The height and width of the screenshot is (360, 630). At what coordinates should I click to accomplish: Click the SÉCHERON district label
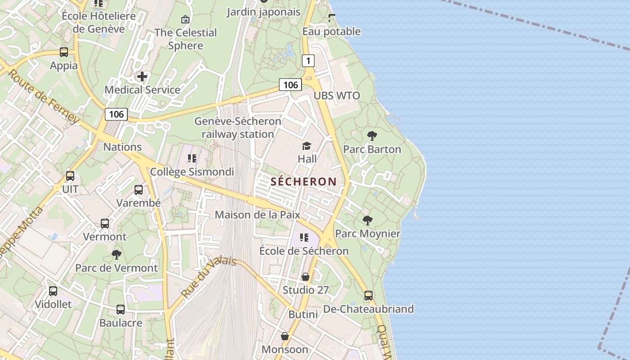pos(303,182)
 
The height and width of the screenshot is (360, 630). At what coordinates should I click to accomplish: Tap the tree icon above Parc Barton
pos(372,135)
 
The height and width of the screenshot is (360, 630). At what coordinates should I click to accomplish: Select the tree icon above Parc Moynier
pos(368,220)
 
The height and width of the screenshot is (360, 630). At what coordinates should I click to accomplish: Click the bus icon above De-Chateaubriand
pos(369,296)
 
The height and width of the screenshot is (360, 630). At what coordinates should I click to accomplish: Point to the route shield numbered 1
pos(308,60)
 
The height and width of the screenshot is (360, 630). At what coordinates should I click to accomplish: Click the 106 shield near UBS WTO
pos(290,84)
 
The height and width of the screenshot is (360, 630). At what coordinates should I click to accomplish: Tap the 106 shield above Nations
pos(116,114)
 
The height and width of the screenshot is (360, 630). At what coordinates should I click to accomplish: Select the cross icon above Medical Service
pos(142,76)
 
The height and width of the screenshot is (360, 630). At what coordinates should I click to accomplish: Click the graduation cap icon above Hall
pos(306,146)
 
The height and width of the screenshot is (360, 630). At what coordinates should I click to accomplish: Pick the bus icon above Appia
pos(64,52)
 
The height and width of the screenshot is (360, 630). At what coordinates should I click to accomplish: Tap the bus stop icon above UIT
pos(70,176)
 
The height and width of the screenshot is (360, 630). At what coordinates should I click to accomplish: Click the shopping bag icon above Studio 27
pos(306,277)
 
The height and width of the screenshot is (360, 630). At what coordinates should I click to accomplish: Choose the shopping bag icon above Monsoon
pos(285,336)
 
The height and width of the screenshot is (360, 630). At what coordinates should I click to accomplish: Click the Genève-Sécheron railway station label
pos(238,128)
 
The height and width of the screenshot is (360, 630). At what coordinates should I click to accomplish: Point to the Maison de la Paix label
pos(257,215)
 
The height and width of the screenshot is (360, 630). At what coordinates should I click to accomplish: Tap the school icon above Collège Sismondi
pos(192,158)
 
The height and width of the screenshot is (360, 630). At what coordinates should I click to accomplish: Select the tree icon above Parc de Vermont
pos(117,255)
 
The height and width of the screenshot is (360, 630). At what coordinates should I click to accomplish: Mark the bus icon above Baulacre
pos(121,310)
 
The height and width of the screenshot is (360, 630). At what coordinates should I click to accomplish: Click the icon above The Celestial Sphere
pos(185,19)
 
